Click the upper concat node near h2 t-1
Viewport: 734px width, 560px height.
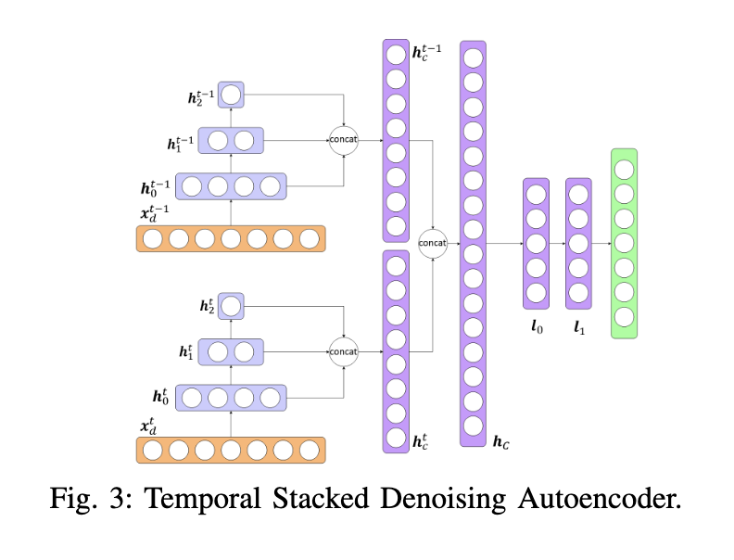[x=344, y=139]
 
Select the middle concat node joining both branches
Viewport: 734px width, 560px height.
[x=433, y=243]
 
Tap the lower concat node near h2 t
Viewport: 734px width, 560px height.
[x=344, y=351]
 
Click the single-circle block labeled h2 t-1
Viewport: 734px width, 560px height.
[x=231, y=95]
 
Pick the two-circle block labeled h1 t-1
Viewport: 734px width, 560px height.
[x=231, y=141]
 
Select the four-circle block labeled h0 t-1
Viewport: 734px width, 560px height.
[x=231, y=186]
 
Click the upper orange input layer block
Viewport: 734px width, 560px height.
[x=231, y=239]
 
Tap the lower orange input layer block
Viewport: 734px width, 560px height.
[x=231, y=451]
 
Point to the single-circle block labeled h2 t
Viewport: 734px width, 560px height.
[x=231, y=306]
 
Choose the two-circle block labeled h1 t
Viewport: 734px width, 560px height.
[x=231, y=352]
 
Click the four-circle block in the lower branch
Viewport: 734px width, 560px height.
[x=231, y=399]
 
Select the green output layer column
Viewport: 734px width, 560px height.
[x=624, y=243]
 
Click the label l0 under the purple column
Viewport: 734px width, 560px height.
[x=536, y=326]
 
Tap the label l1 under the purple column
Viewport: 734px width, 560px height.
[x=579, y=326]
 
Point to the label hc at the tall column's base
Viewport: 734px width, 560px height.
[x=500, y=442]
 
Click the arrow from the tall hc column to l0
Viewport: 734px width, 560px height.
[x=504, y=243]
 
